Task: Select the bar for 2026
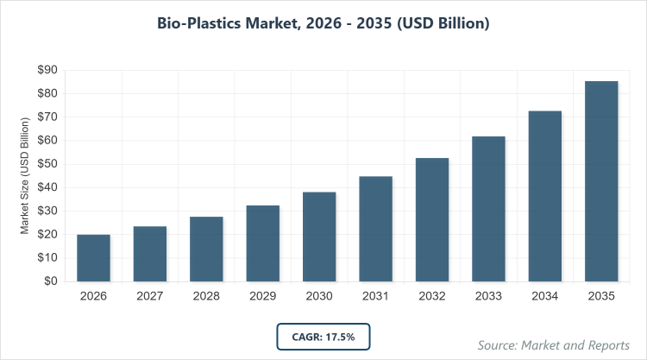tap(93, 257)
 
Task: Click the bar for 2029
tap(262, 243)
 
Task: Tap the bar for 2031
tap(375, 228)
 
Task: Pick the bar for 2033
tap(488, 208)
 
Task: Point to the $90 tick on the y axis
tap(47, 70)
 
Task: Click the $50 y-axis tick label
tap(47, 164)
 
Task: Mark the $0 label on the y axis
tap(50, 281)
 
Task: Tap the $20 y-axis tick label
tap(47, 234)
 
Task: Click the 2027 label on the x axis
tap(150, 296)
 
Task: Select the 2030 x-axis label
tap(319, 296)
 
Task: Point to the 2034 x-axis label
tap(545, 296)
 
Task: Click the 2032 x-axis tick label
tap(432, 296)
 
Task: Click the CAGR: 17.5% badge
tap(323, 336)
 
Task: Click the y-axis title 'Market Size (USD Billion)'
tap(26, 175)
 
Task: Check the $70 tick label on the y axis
tap(47, 117)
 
